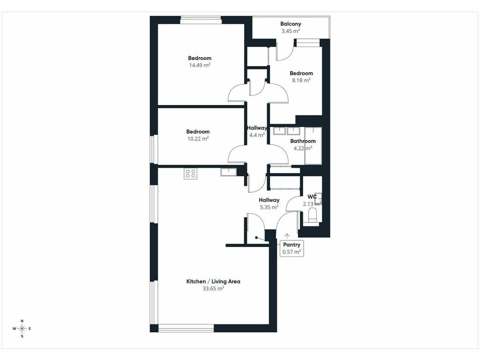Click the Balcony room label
coord(291,24)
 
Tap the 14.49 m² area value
coord(200,65)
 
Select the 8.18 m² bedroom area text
coord(301,80)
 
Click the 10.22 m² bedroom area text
coord(198,139)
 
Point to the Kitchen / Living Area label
coord(213,281)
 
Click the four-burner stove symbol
coord(190,174)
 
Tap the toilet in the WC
coord(313,215)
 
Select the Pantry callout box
coord(292,248)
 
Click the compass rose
coord(22,329)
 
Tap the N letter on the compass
coord(22,321)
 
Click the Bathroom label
coord(303,141)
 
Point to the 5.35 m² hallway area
coord(269,207)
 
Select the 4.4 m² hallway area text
coord(257,135)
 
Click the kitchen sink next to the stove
coord(228,172)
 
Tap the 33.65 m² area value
coord(213,288)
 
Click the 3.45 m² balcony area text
coord(291,31)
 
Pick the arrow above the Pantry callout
coord(287,236)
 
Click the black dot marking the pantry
coord(256,238)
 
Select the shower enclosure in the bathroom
coord(313,146)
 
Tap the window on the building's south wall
coord(186,328)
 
